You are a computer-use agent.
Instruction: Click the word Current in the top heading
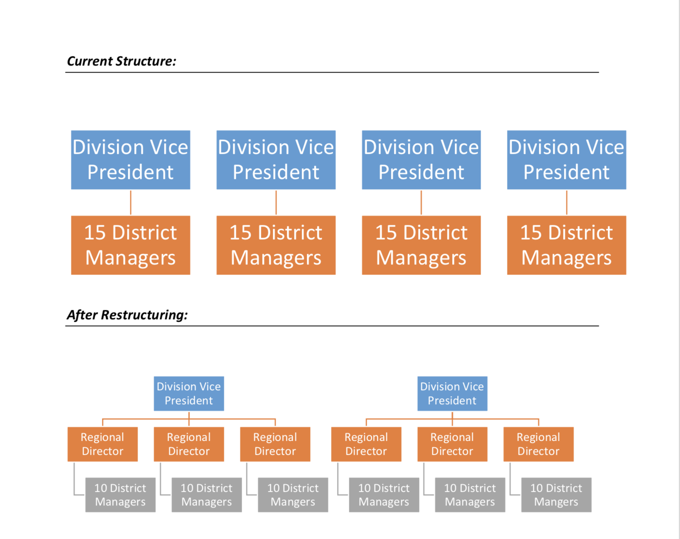(90, 61)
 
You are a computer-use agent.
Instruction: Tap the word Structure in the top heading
(146, 61)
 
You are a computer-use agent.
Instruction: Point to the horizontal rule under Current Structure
(332, 72)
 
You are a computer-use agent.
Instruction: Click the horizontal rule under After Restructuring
(332, 326)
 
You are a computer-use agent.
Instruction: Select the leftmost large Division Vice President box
(130, 160)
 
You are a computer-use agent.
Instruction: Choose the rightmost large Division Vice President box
(567, 160)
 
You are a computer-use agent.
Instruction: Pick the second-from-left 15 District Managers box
(276, 245)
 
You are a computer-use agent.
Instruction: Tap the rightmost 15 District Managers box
(567, 245)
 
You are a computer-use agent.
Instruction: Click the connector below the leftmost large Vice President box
(130, 203)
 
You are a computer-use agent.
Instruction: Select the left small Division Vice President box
(189, 394)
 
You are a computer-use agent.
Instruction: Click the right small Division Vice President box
(452, 394)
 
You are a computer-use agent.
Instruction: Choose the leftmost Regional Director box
(103, 444)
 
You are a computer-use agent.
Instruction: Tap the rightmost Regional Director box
(538, 444)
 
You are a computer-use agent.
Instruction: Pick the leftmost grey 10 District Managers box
(120, 495)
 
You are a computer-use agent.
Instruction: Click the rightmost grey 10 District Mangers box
(556, 495)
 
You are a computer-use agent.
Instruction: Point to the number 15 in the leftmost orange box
(95, 233)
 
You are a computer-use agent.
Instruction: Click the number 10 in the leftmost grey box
(101, 488)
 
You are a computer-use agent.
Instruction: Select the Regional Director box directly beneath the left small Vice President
(189, 444)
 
